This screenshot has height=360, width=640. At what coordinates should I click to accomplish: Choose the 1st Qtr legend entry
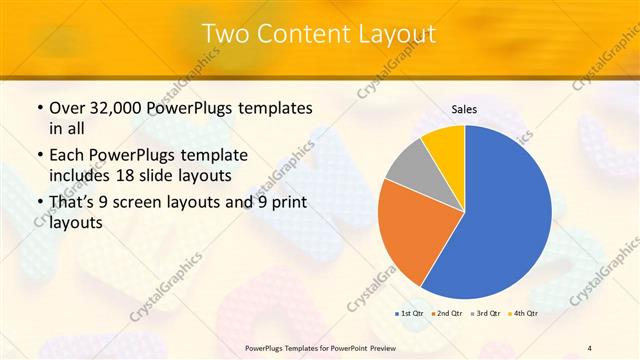pos(409,313)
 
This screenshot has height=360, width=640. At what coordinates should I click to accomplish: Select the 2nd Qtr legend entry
pos(448,313)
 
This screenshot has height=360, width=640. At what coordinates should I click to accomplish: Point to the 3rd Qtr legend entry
pos(487,313)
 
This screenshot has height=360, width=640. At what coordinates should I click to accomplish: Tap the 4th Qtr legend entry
pos(525,313)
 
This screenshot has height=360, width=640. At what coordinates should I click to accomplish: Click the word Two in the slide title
pos(225,34)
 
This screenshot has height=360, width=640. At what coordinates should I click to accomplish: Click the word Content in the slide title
pos(304,34)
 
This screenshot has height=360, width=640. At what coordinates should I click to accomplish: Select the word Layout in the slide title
pos(397,34)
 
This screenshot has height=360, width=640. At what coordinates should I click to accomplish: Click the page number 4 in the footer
pos(589,347)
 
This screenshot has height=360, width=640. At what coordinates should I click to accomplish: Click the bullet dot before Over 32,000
pos(38,108)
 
